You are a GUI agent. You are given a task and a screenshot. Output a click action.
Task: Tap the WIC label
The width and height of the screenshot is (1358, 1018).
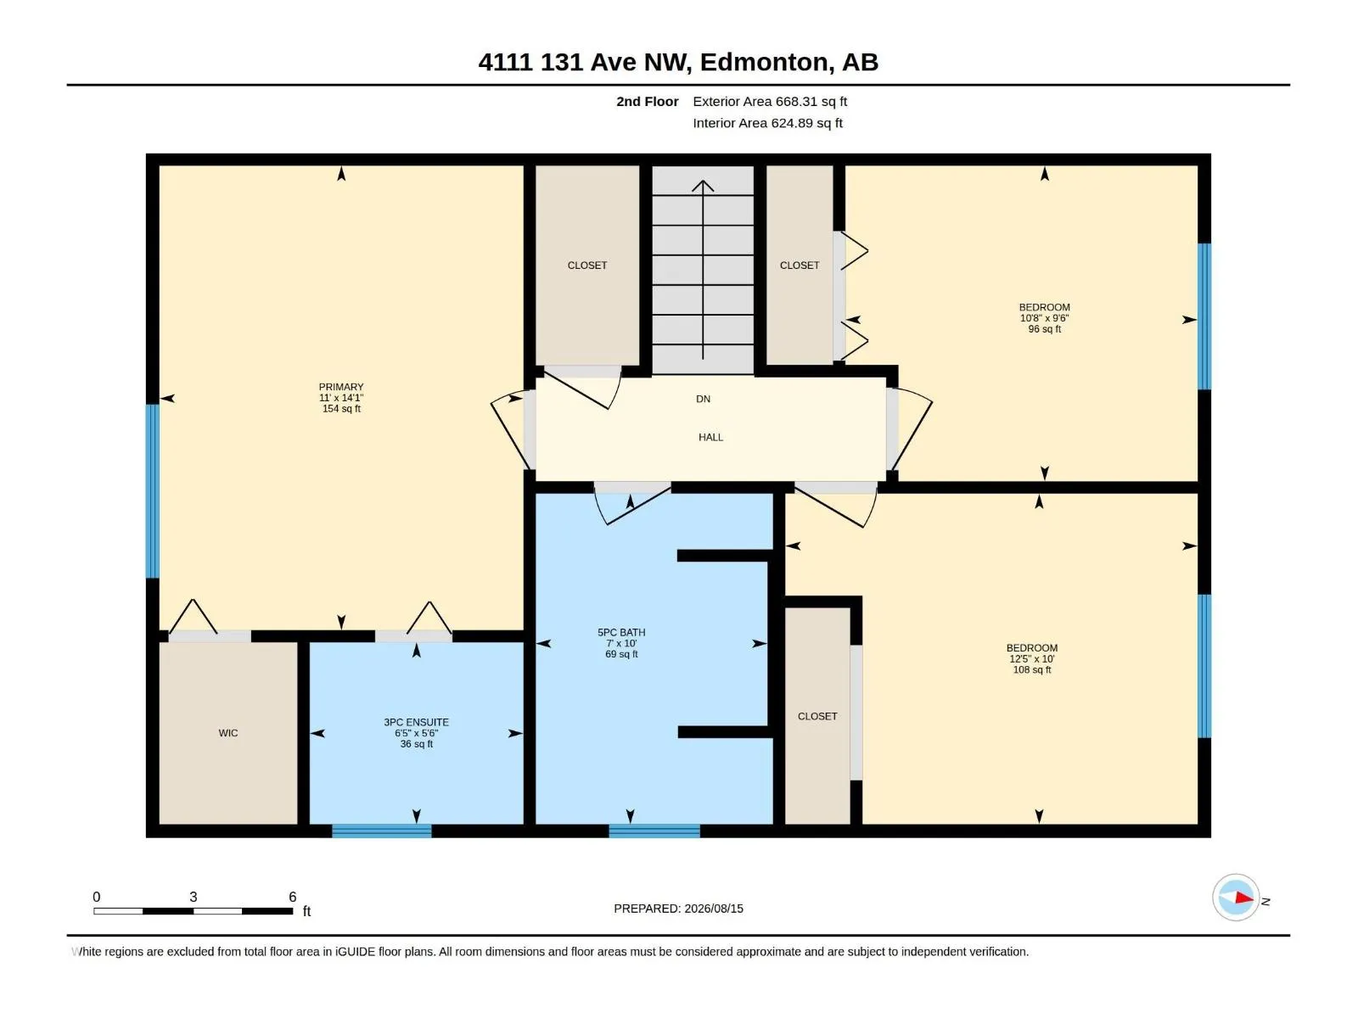(x=227, y=733)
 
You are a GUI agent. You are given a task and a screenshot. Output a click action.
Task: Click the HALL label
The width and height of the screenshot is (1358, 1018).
(x=711, y=437)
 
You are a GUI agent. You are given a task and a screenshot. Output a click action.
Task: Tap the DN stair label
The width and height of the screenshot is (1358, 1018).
(x=704, y=399)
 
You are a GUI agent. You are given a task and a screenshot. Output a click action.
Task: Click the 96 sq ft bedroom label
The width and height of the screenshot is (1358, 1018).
(x=1044, y=317)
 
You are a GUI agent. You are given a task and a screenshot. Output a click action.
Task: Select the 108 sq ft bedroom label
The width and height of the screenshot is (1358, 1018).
(x=1032, y=658)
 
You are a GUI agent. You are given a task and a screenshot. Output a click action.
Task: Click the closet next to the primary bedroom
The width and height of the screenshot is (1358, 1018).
(x=587, y=266)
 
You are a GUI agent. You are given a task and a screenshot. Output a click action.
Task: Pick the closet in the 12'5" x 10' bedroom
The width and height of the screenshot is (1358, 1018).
(x=817, y=716)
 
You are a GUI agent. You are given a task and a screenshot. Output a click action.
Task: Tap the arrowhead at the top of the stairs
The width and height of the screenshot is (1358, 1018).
(x=703, y=185)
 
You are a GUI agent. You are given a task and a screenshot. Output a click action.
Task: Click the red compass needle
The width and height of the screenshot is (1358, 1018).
(x=1244, y=898)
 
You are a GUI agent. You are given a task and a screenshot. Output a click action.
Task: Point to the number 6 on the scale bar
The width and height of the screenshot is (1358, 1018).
(x=293, y=896)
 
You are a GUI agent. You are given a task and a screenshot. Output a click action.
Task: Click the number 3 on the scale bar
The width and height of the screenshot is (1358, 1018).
(x=193, y=896)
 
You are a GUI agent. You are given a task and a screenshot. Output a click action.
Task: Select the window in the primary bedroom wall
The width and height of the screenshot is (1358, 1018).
(x=152, y=491)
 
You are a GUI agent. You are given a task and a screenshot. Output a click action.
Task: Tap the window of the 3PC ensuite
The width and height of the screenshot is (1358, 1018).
(x=382, y=831)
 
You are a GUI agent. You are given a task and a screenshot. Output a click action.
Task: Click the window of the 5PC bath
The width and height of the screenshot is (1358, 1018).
(x=654, y=831)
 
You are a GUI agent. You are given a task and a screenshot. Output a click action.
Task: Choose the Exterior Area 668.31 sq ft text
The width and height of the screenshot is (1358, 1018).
(x=770, y=101)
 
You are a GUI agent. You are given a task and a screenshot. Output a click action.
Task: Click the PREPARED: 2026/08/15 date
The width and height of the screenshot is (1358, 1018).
(x=679, y=909)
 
